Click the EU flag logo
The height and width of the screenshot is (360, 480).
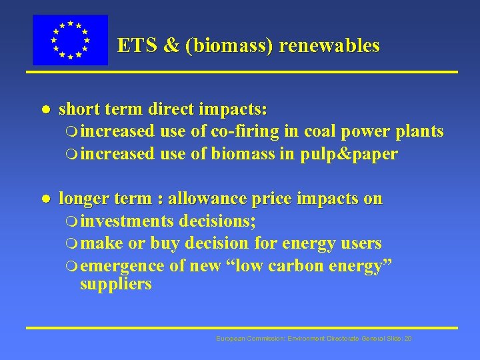70,40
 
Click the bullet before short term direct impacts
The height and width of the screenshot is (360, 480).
43,109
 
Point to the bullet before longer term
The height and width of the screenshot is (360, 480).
43,199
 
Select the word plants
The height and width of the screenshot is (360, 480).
418,131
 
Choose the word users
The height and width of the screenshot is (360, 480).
359,243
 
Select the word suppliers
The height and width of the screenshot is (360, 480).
115,284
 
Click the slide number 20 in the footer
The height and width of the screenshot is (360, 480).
407,339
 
